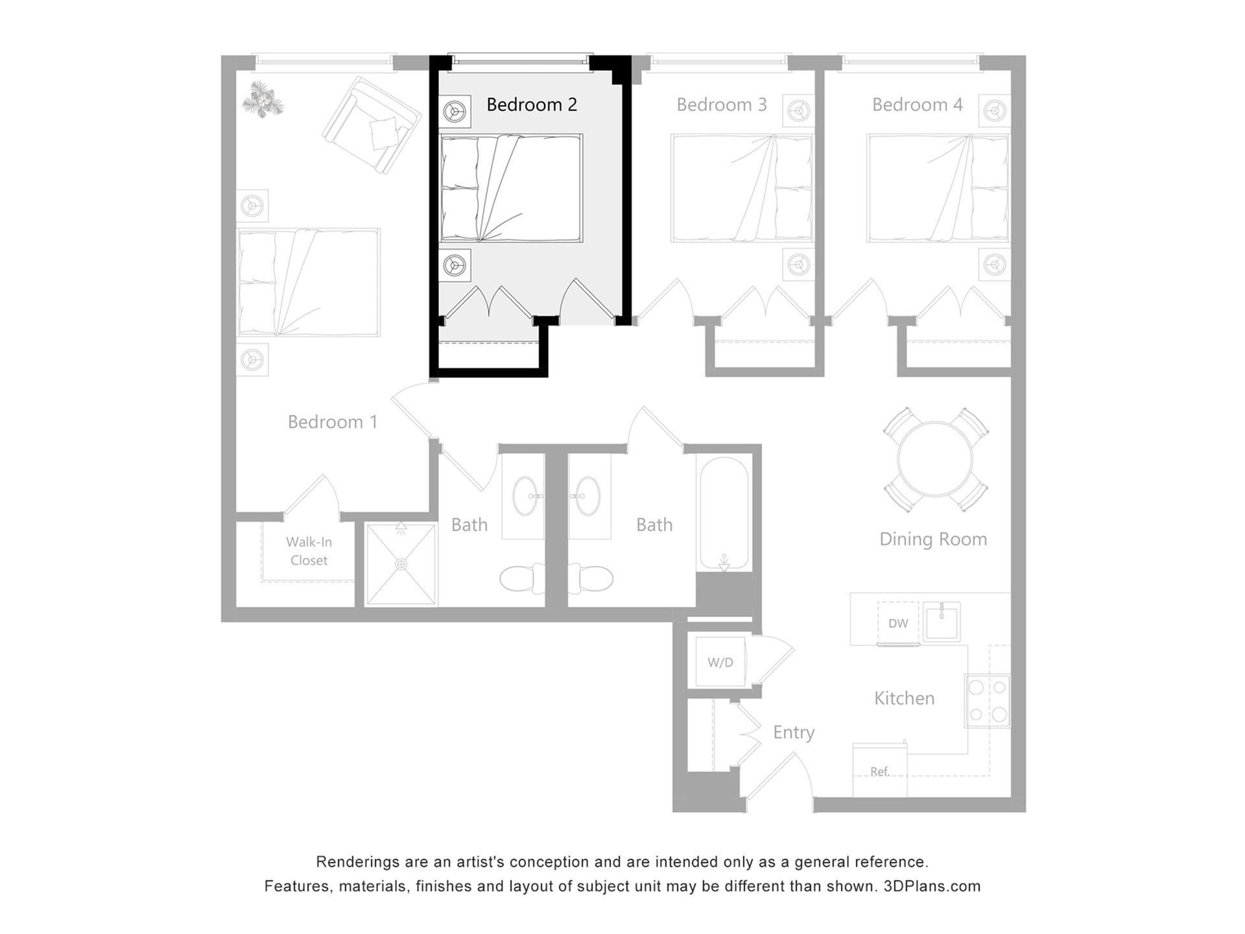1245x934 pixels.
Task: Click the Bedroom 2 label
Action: [531, 104]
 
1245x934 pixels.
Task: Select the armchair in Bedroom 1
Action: [372, 125]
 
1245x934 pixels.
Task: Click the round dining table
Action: [935, 459]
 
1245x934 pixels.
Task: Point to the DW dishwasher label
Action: [898, 623]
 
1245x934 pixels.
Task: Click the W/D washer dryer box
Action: [720, 662]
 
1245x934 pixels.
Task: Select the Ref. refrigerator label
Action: [879, 771]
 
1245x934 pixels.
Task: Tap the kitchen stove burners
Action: [988, 700]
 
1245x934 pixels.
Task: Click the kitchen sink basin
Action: [942, 623]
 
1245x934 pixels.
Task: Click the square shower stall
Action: [401, 564]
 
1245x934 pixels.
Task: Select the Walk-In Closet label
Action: [308, 551]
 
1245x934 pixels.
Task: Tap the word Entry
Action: [794, 732]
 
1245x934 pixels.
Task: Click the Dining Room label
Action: [932, 539]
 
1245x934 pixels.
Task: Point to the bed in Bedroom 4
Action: [938, 188]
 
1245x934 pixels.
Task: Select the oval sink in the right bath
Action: [587, 496]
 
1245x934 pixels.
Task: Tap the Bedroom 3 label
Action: [721, 104]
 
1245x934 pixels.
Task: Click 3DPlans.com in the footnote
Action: [932, 886]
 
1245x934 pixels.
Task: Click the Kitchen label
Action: [904, 698]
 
